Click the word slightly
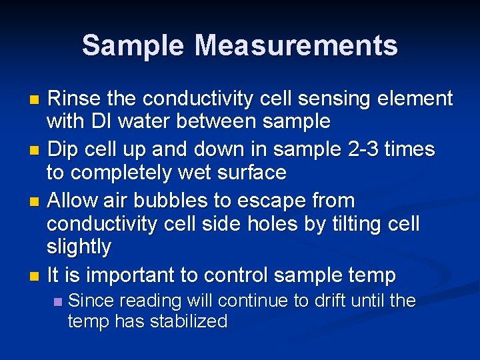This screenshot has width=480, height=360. (79, 247)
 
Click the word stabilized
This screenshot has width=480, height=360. (189, 322)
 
